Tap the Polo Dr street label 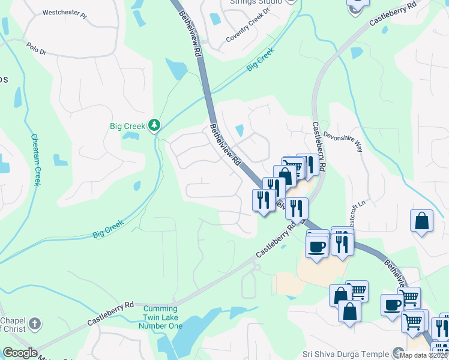click(x=35, y=48)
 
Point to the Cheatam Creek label click(x=35, y=159)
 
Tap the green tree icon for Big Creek click(x=155, y=125)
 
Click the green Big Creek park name click(x=128, y=126)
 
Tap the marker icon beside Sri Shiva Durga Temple click(x=397, y=353)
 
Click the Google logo click(x=20, y=353)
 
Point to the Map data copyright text click(x=424, y=355)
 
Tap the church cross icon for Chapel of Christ click(x=35, y=323)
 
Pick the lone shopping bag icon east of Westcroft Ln click(x=422, y=221)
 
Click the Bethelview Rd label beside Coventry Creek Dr click(x=189, y=33)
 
